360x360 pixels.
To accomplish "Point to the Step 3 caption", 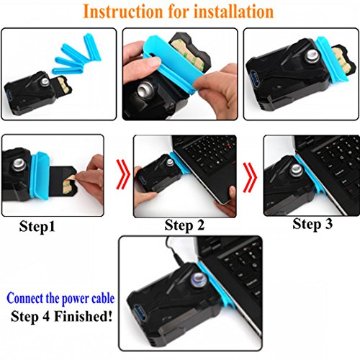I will click(312, 224).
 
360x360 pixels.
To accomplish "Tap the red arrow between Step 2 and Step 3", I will click(250, 174).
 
